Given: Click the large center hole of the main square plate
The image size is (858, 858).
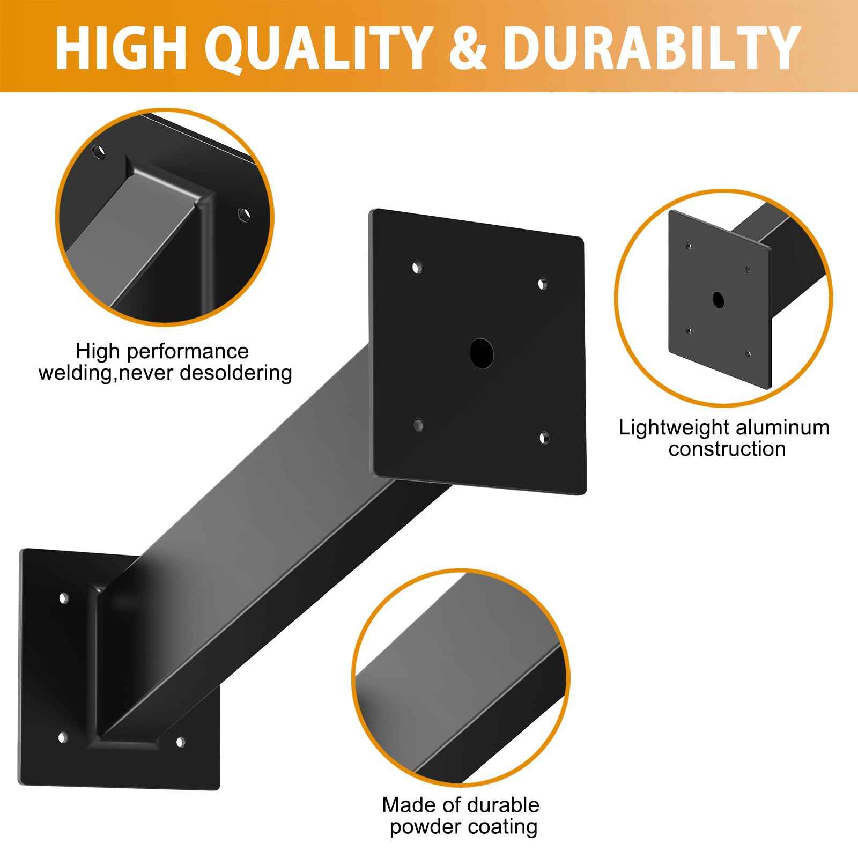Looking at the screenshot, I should (x=481, y=352).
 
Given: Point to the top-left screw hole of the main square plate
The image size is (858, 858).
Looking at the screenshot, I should (x=417, y=267).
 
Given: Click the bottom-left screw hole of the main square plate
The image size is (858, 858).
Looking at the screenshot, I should (x=418, y=425).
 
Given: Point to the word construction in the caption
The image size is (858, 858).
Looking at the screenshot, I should (x=727, y=449).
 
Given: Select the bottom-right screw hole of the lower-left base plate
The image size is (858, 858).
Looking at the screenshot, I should (x=180, y=742).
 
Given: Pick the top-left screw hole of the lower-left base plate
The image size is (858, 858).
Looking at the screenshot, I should (x=63, y=597).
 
